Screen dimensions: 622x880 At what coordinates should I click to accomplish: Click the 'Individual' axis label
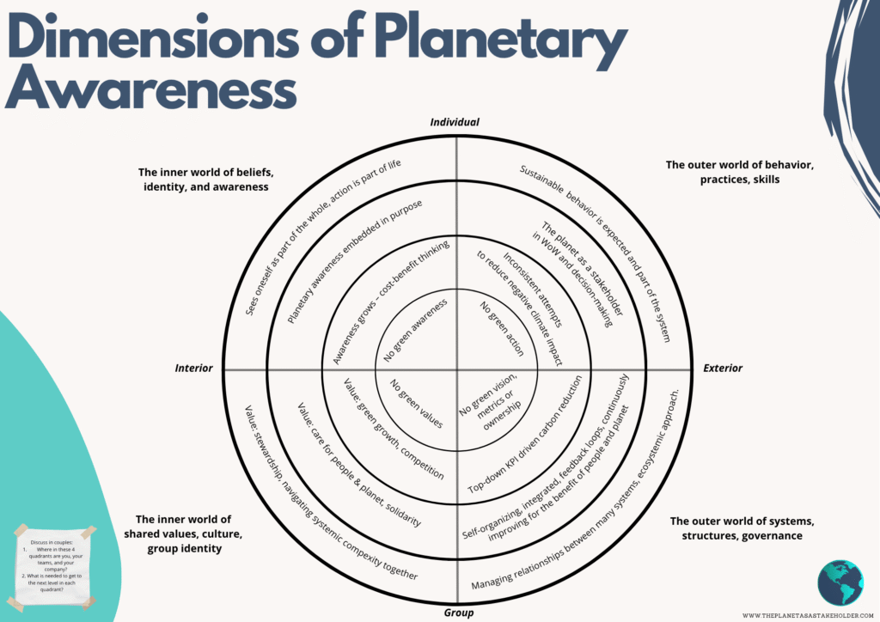pos(455,123)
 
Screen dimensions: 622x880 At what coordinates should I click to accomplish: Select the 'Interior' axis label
pos(193,368)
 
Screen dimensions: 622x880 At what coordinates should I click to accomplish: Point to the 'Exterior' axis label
pos(723,368)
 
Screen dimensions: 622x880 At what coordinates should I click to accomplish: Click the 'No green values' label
pos(417,405)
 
